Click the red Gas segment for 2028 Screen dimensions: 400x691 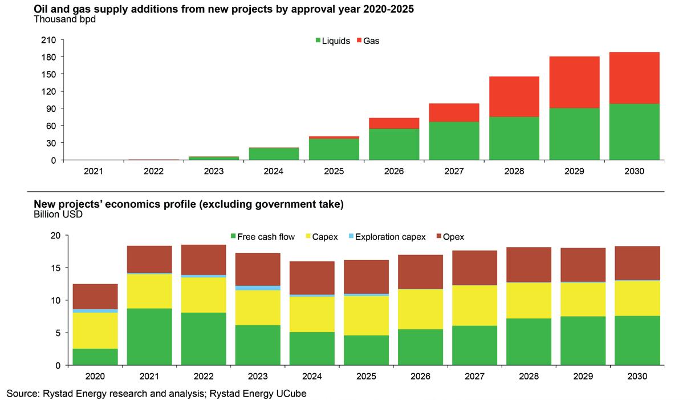(x=514, y=96)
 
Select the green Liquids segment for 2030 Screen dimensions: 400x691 (x=634, y=132)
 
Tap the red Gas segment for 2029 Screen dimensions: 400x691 (x=574, y=82)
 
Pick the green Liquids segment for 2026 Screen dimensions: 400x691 (x=394, y=144)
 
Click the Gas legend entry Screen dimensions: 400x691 (x=367, y=41)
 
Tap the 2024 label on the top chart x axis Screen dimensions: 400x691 (x=274, y=171)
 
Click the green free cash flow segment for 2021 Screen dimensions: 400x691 (x=149, y=337)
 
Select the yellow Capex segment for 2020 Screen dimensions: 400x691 (x=95, y=330)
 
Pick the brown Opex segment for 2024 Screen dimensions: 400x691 (x=312, y=278)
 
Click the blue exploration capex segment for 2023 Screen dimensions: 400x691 (x=258, y=288)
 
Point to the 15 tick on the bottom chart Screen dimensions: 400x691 (x=55, y=268)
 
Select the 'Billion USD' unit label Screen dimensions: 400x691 (x=58, y=215)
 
